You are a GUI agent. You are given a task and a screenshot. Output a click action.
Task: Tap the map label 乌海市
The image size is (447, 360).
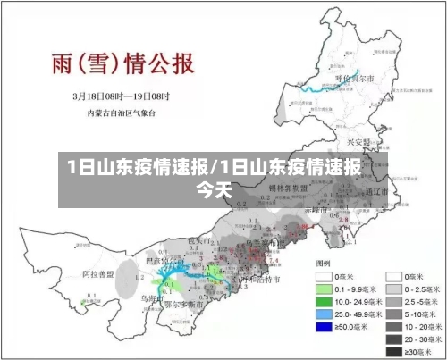[148, 298]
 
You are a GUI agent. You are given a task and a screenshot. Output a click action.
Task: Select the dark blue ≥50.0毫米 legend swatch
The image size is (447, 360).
[325, 327]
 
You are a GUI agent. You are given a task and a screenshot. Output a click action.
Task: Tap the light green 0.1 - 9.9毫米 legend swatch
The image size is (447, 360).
[325, 289]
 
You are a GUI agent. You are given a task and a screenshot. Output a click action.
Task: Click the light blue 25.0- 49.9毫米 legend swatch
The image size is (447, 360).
[325, 314]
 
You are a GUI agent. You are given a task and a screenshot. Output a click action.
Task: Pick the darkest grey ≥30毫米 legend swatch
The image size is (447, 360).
[393, 352]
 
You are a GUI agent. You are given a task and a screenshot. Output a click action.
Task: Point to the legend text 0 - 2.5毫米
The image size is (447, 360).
[425, 289]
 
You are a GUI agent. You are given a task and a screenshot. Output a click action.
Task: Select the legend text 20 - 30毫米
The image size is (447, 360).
[425, 339]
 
